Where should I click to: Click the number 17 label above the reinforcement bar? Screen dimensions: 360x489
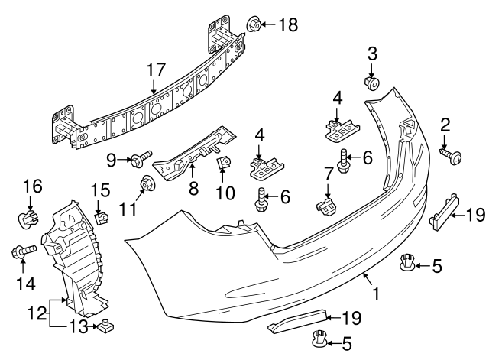156,70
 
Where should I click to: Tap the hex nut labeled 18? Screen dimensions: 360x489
254,24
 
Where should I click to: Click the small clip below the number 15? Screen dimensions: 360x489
99,219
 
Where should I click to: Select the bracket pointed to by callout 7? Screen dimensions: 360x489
326,205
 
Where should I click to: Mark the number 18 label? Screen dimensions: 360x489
288,24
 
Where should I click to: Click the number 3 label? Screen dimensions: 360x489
373,54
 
